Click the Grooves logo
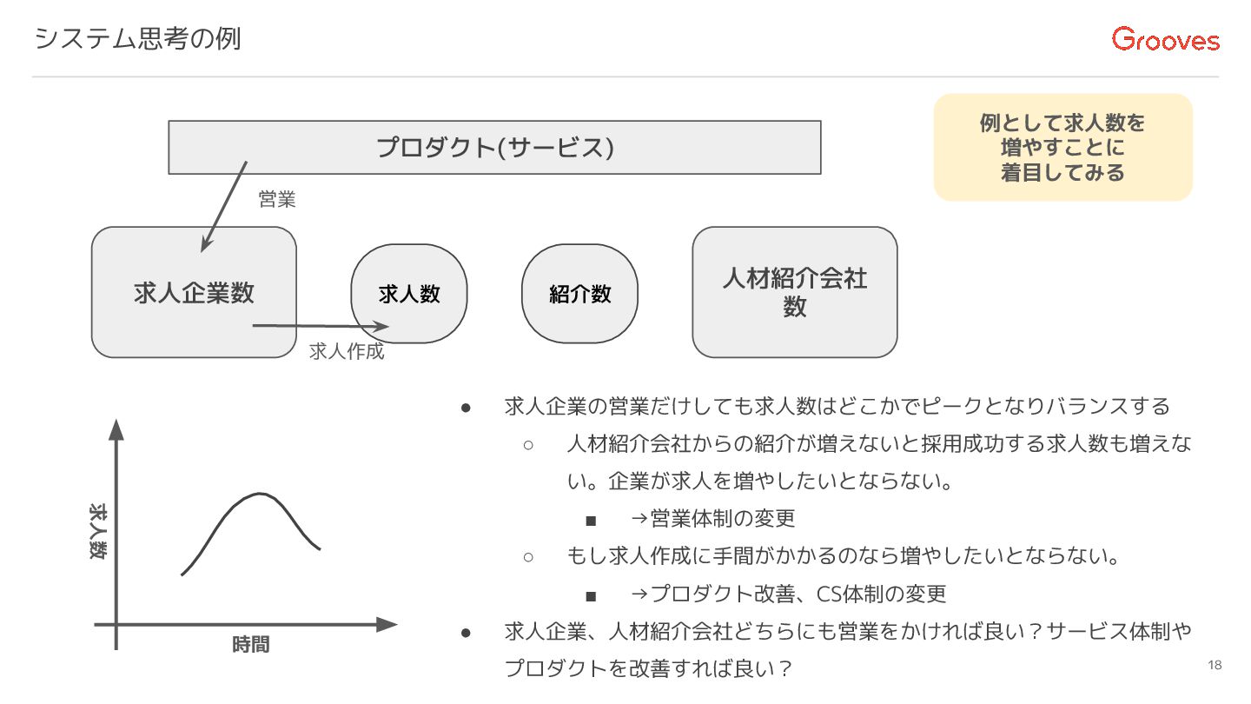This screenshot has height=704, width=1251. pos(1166,39)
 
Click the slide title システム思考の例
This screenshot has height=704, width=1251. pos(137,39)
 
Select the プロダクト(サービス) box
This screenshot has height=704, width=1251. pos(494,147)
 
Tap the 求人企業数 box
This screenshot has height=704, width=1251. pos(194,292)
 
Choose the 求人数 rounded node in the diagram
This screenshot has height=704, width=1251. pos(409,294)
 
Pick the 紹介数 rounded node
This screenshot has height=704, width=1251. pos(579,294)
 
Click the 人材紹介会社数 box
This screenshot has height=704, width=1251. pos(794,292)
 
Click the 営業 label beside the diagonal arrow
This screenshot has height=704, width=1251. pos(277,200)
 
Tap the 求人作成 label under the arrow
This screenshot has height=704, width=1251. pos(347,352)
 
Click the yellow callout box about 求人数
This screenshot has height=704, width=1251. pos(1062,148)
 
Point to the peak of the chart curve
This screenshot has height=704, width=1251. pos(259,495)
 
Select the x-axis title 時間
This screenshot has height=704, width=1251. pos(250,644)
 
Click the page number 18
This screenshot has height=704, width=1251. pos(1214,666)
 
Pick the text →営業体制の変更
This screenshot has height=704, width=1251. pos(712,519)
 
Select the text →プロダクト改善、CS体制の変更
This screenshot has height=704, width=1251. pos(788,594)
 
